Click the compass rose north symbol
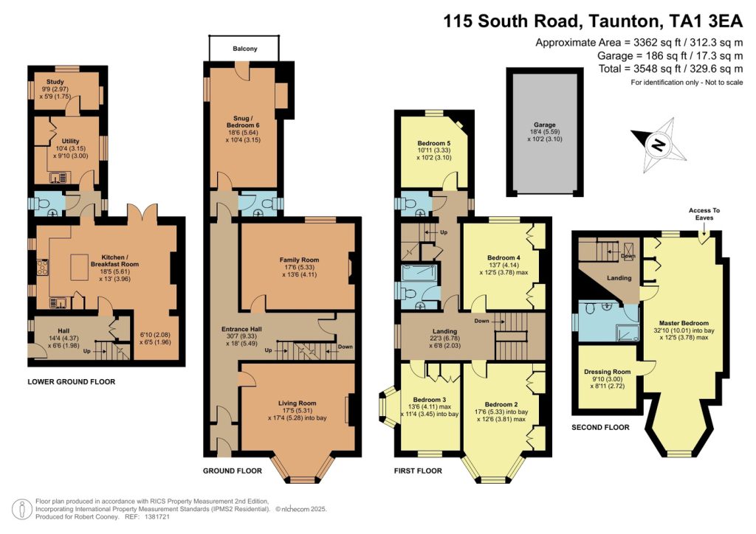(656, 144)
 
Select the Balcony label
(244, 49)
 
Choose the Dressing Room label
(607, 372)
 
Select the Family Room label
(298, 260)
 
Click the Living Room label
(297, 403)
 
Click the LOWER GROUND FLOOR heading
(71, 382)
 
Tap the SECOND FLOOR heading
(600, 427)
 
